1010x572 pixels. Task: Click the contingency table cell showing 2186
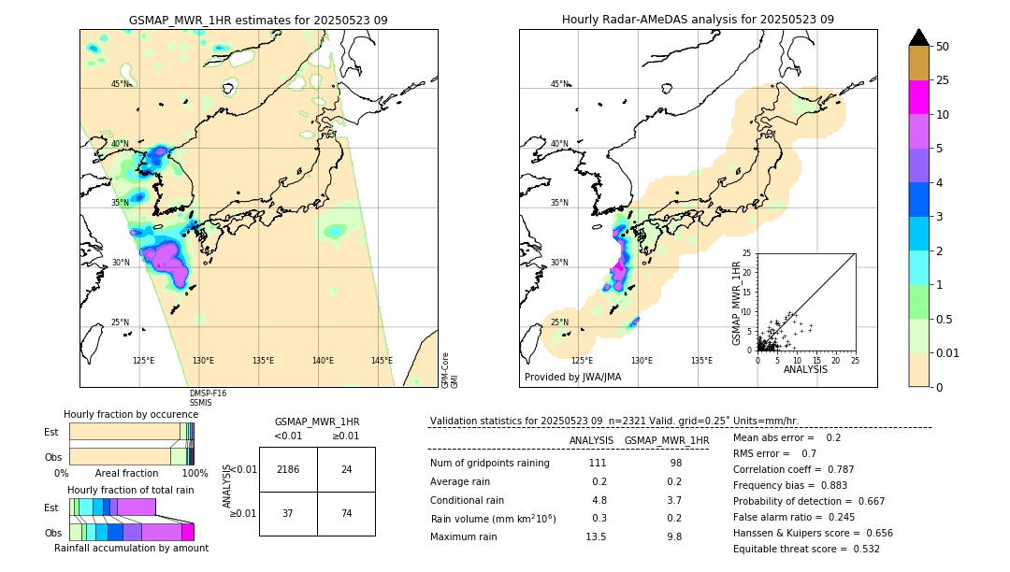288,469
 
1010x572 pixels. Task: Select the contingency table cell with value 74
346,513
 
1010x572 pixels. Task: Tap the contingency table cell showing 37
288,513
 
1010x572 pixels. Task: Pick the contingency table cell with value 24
346,469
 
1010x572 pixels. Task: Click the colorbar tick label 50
943,47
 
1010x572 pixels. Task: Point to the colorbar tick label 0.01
948,352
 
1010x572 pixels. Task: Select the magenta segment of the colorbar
919,97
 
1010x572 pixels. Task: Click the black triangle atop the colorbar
919,37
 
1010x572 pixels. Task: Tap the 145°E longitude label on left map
382,361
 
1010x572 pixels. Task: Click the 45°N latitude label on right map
559,84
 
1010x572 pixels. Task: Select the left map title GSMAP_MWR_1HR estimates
258,20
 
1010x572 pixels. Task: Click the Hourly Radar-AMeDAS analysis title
698,20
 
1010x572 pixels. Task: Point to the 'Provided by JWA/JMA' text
572,378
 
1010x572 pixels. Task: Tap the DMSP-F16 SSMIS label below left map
208,398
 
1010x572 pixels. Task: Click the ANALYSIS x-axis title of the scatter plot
805,370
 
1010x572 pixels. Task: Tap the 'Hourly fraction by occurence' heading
131,414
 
